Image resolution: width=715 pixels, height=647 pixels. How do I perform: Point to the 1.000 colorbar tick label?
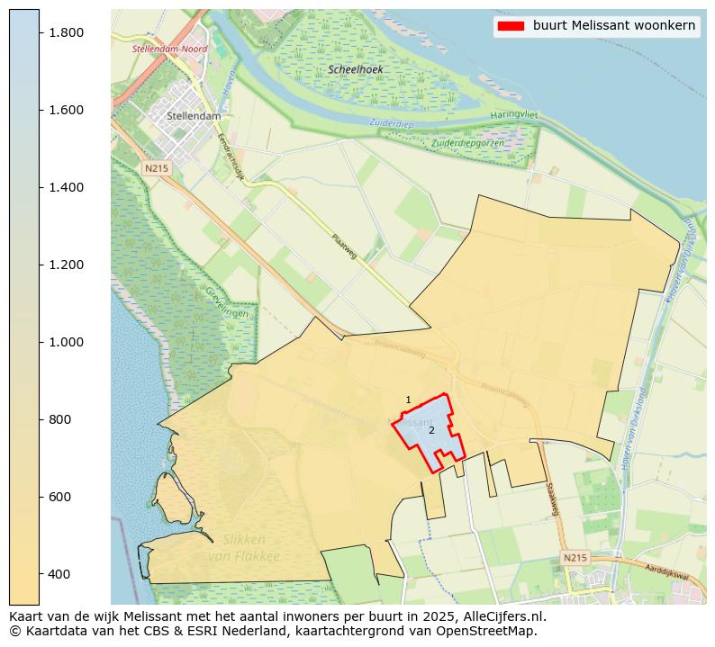(65, 342)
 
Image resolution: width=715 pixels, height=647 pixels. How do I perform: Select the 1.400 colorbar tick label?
(65, 187)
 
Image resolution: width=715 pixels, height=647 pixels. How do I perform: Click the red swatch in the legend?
(510, 26)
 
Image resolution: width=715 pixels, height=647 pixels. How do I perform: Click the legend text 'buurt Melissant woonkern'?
(613, 26)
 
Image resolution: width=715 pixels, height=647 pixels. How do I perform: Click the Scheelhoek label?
(356, 69)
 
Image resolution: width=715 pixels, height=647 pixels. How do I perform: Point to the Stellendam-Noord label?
(169, 49)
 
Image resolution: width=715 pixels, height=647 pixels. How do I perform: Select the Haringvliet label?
(513, 115)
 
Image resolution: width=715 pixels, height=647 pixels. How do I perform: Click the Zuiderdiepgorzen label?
(467, 143)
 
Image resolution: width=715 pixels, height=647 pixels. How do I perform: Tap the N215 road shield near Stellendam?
(156, 168)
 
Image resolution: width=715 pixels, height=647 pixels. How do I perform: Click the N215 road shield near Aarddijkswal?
(575, 558)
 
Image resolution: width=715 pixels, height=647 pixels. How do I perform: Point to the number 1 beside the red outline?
(408, 400)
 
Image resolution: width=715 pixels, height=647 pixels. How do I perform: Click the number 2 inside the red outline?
(431, 430)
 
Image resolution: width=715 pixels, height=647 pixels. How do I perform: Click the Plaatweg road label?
(344, 248)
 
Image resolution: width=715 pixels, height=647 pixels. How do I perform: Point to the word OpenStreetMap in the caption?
(493, 631)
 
